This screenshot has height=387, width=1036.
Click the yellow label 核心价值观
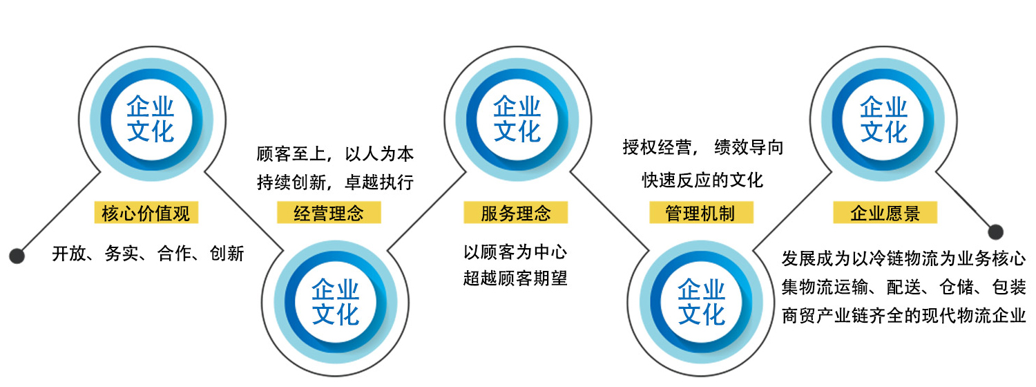(146, 212)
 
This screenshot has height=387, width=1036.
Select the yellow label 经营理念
(329, 212)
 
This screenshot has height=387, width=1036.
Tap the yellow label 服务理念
(516, 212)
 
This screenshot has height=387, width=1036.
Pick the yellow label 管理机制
(701, 212)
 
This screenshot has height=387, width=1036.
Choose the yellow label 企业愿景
(885, 212)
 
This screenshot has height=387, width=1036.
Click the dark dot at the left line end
(17, 256)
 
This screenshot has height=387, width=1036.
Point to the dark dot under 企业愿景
(996, 232)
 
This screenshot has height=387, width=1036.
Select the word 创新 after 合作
(227, 254)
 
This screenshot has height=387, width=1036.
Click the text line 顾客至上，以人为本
(335, 154)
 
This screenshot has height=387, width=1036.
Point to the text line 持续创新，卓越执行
(335, 182)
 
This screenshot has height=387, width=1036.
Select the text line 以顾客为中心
(515, 252)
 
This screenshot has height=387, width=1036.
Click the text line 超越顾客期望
(515, 279)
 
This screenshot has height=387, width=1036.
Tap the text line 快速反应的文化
(702, 180)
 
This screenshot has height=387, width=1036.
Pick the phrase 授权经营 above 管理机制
(658, 148)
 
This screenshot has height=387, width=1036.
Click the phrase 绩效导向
(749, 148)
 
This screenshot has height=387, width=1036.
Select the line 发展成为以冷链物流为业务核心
(903, 258)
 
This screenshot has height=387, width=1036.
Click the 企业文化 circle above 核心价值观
(151, 120)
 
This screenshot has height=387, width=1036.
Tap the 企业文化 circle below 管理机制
(701, 302)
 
